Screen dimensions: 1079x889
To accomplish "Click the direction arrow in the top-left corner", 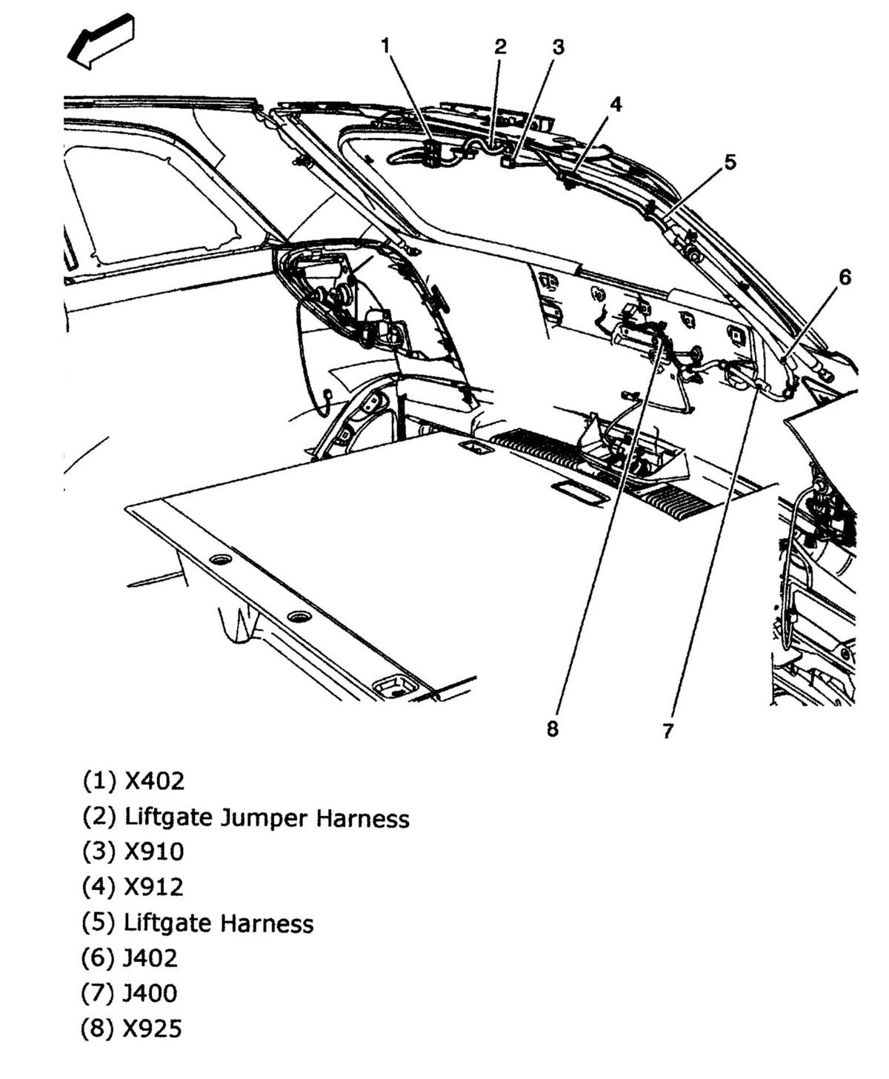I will point(101,41).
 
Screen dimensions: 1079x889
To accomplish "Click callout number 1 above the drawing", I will point(385,46).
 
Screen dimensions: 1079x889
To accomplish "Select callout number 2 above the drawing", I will point(501,47).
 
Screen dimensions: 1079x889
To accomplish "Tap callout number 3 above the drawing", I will point(559,47).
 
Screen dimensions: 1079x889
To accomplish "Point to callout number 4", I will point(616,104).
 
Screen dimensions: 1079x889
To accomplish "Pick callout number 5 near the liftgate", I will point(730,162).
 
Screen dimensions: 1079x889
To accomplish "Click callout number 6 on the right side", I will point(845,277).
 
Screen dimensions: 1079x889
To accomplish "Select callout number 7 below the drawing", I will point(667,731).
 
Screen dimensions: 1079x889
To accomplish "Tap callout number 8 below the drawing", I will point(553,729).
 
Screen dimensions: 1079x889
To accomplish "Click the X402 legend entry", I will point(133,781).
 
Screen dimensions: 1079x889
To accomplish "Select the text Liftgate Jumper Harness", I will point(245,817).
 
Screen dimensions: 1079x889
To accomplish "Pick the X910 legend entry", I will point(133,852).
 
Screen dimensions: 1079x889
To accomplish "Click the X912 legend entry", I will point(133,887).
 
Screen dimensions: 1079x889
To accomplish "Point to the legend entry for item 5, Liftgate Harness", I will point(197,923).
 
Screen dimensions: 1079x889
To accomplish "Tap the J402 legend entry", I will point(130,958).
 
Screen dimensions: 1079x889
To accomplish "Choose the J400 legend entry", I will point(130,993).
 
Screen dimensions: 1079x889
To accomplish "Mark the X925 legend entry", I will point(132,1029).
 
